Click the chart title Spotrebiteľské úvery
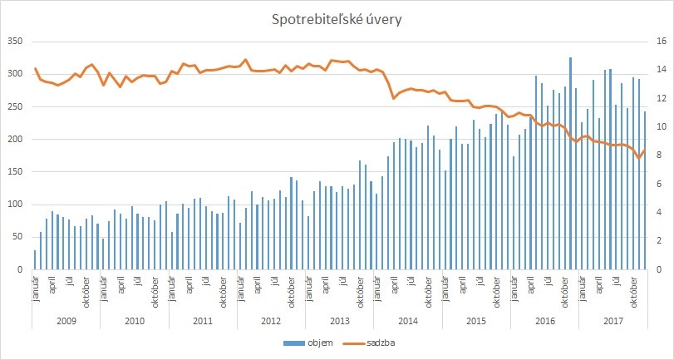click(337, 20)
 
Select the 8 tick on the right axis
click(657, 155)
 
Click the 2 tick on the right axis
click(657, 241)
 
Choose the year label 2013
click(339, 320)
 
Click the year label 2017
click(613, 320)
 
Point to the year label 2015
click(475, 320)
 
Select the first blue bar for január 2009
click(35, 260)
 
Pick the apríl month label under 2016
click(531, 283)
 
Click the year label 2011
click(202, 320)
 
